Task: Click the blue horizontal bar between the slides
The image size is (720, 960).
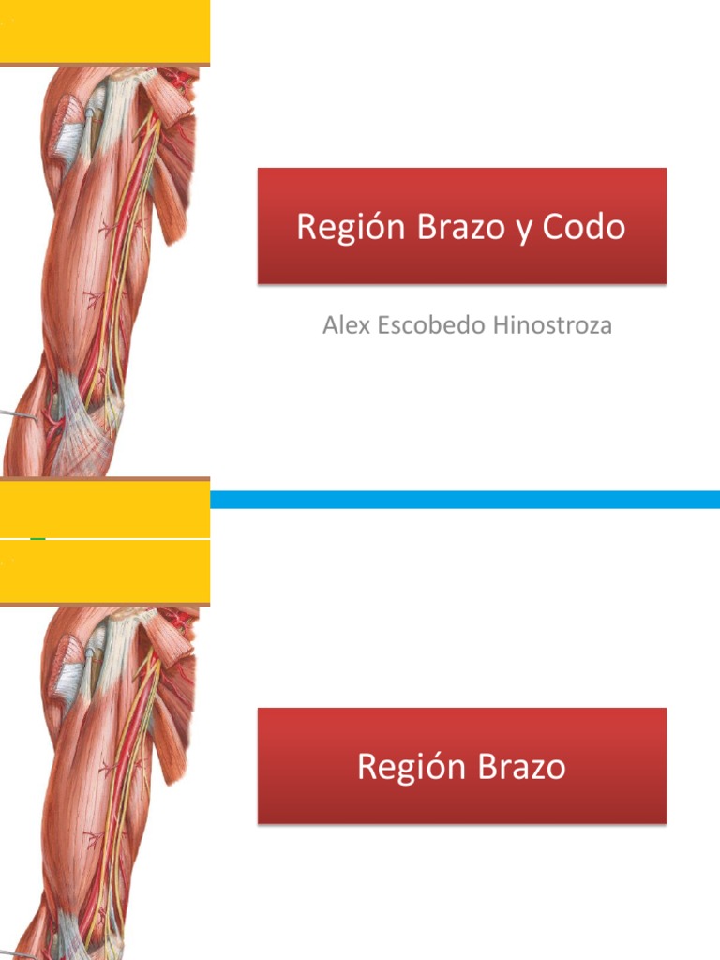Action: (464, 499)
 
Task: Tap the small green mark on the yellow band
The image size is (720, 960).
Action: (37, 538)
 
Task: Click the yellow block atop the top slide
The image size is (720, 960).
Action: (104, 32)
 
